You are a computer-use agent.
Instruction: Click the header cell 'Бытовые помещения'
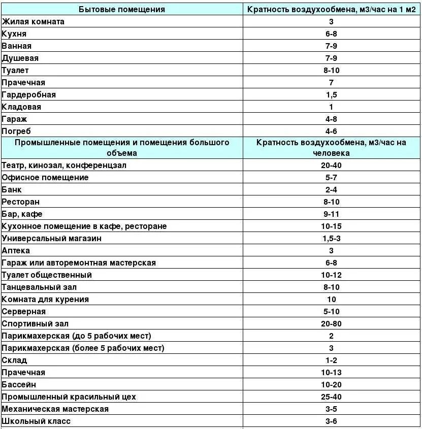click(122, 10)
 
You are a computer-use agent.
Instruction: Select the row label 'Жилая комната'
click(34, 22)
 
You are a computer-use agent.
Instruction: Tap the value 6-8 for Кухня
click(331, 34)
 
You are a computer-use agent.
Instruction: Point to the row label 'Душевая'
click(20, 58)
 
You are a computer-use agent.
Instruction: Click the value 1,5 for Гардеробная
click(331, 95)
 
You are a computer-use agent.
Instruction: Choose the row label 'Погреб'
click(17, 131)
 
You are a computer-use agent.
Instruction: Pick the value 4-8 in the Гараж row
click(331, 119)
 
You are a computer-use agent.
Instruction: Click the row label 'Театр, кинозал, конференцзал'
click(64, 166)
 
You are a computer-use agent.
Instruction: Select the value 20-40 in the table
click(331, 166)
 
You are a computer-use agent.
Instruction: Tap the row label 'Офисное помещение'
click(45, 178)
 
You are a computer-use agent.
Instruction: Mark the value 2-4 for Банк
click(331, 190)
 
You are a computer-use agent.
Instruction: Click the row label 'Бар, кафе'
click(22, 214)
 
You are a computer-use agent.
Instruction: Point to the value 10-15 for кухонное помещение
click(331, 226)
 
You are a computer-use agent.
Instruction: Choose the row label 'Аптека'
click(16, 251)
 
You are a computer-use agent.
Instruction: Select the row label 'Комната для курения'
click(45, 300)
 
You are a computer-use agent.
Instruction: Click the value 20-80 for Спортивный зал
click(331, 324)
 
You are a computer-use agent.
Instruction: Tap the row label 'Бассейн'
click(19, 385)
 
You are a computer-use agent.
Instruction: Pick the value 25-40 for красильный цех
click(331, 397)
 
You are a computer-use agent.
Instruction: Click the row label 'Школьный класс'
click(36, 421)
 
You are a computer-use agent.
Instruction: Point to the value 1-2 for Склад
click(331, 360)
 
